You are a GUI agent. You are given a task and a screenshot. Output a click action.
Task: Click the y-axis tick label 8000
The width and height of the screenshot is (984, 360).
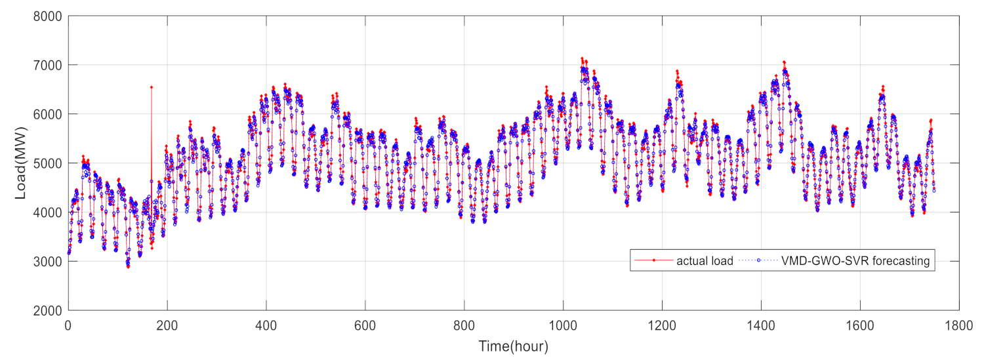49,16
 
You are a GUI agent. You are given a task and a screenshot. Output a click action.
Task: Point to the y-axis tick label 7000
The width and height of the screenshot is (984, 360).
49,65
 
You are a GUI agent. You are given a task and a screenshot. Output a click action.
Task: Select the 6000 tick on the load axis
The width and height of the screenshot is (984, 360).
49,114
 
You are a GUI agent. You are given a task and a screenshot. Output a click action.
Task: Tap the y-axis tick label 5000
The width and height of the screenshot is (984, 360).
49,163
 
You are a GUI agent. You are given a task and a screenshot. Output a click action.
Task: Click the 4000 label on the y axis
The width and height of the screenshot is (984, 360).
49,212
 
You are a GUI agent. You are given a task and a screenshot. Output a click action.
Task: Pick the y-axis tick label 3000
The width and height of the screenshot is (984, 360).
49,262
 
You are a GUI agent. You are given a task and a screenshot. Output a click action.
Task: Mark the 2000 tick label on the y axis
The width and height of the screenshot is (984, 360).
49,310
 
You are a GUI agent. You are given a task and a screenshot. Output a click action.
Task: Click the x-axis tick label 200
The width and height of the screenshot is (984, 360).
167,324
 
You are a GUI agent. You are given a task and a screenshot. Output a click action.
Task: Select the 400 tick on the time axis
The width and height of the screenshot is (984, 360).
266,324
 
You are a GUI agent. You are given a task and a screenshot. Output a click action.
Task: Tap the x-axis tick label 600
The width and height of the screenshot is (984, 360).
365,324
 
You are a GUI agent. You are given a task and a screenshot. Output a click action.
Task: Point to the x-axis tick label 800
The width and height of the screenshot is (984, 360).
464,324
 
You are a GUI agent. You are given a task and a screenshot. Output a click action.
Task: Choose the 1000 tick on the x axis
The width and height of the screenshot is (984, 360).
563,324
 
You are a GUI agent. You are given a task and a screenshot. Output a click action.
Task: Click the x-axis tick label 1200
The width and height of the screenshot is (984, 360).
662,324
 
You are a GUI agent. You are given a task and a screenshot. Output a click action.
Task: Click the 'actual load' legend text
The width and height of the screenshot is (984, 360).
706,261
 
